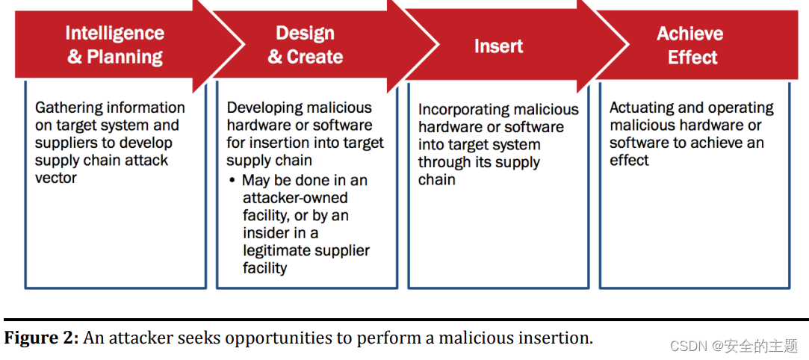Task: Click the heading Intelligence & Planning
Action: [x=114, y=45]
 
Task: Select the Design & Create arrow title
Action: [x=306, y=45]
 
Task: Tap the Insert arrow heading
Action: [x=498, y=46]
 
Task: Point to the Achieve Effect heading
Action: [x=689, y=45]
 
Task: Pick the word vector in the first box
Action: [x=56, y=178]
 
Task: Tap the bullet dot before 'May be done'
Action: [x=233, y=181]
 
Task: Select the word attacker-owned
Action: [x=295, y=198]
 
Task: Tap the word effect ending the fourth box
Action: [x=629, y=161]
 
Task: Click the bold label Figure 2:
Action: [x=42, y=338]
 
